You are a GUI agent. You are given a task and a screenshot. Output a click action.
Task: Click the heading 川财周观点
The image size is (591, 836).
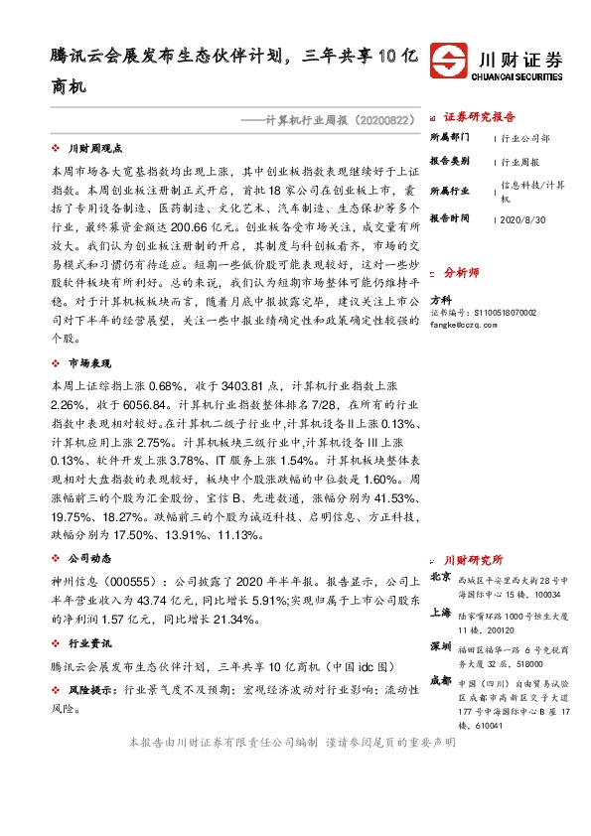click(95, 147)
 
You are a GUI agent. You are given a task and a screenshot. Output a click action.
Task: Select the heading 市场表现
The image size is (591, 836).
click(89, 363)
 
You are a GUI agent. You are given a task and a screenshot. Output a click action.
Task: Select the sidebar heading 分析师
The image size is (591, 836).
click(461, 270)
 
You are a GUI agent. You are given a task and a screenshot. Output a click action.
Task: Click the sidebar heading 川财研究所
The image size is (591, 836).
click(473, 560)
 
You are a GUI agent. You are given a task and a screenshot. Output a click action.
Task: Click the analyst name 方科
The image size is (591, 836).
click(440, 298)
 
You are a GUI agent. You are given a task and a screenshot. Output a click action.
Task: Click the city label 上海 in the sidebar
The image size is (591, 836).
click(439, 614)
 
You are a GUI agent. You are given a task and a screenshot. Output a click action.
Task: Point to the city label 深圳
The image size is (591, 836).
click(439, 647)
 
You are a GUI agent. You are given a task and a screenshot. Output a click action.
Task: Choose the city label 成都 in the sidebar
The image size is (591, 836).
click(439, 682)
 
